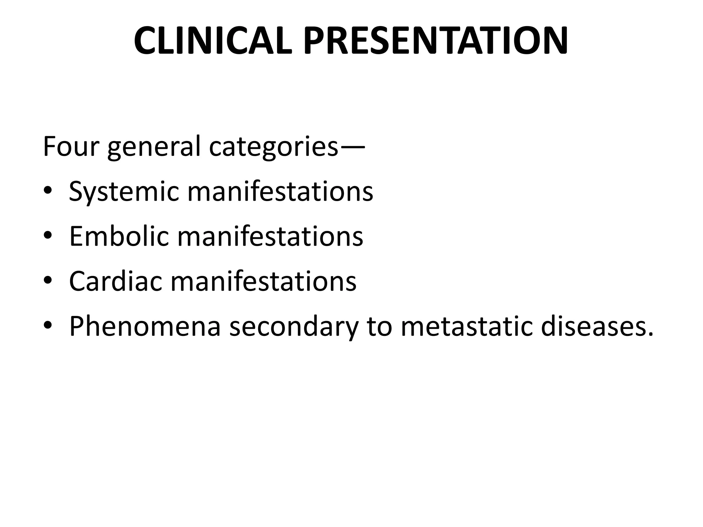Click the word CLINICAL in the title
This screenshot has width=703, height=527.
tap(213, 41)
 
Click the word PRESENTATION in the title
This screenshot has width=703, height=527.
tap(436, 41)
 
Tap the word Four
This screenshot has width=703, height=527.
tap(71, 147)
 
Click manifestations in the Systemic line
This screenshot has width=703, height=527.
tap(280, 191)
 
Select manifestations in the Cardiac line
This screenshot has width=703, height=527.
tap(263, 281)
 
